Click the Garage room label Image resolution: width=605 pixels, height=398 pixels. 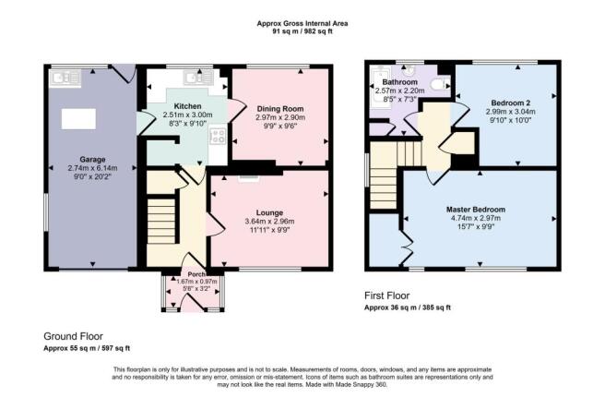pyautogui.click(x=92, y=159)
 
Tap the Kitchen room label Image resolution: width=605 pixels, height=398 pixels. pyautogui.click(x=187, y=106)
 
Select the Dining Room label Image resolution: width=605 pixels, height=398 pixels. pyautogui.click(x=280, y=109)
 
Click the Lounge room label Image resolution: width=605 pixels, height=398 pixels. pyautogui.click(x=269, y=212)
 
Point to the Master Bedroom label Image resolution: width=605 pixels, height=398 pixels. pyautogui.click(x=476, y=210)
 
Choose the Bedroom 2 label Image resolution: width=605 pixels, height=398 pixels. pyautogui.click(x=511, y=103)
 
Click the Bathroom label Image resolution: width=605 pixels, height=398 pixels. pyautogui.click(x=399, y=82)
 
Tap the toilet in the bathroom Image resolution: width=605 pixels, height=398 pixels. pyautogui.click(x=440, y=83)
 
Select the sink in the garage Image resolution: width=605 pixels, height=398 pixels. pyautogui.click(x=65, y=78)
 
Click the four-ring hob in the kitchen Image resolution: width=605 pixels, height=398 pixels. pyautogui.click(x=218, y=137)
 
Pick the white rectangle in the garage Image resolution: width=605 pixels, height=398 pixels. pyautogui.click(x=78, y=119)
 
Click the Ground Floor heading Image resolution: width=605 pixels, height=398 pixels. pyautogui.click(x=73, y=336)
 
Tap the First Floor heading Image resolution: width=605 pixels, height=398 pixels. pyautogui.click(x=387, y=295)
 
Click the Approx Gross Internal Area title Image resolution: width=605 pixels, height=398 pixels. pyautogui.click(x=302, y=23)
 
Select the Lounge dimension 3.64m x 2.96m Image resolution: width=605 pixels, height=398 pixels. pyautogui.click(x=269, y=222)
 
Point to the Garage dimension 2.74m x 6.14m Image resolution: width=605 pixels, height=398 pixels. pyautogui.click(x=92, y=168)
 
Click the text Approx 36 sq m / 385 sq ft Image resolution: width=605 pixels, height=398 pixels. pyautogui.click(x=408, y=308)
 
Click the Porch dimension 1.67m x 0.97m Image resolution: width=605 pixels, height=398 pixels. pyautogui.click(x=196, y=282)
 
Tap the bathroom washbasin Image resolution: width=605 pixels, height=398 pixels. pyautogui.click(x=409, y=71)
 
